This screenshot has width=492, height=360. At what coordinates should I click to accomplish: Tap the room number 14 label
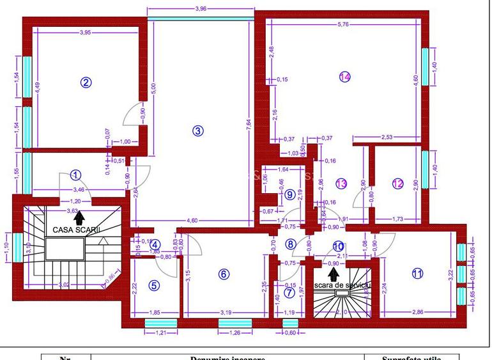344,77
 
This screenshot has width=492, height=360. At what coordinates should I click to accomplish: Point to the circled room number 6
224,274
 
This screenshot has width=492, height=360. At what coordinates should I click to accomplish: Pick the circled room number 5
153,286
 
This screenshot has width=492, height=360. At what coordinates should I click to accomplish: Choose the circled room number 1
76,174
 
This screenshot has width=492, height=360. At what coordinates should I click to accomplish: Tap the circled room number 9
290,194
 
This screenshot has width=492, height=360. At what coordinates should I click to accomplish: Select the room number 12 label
397,184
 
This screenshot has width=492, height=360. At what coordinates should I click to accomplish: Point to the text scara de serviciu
342,285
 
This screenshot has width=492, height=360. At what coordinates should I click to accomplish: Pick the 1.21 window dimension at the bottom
158,333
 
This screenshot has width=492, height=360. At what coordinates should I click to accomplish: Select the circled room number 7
289,293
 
